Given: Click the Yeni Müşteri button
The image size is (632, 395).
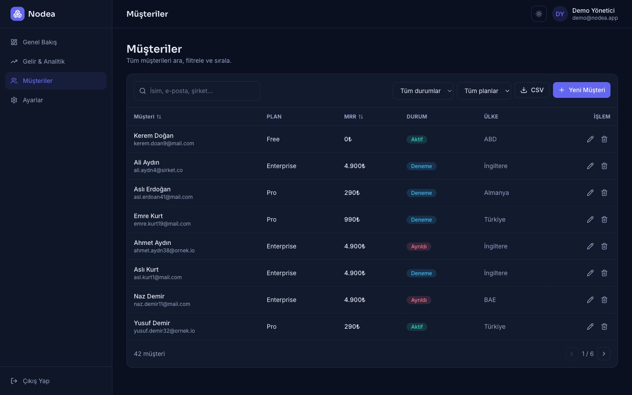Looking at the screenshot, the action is point(582,90).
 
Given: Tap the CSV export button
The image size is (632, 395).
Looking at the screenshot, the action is point(532,90).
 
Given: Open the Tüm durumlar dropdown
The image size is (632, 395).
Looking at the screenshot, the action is point(423,91).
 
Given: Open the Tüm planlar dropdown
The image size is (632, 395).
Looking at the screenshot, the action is point(484,91).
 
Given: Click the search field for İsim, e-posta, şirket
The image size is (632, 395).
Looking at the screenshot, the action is point(197,91).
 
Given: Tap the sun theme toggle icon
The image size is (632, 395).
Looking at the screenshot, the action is point(539,14).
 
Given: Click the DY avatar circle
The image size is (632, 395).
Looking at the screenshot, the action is point(560,14).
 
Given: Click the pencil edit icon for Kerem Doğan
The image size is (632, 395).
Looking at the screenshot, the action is point(590,139).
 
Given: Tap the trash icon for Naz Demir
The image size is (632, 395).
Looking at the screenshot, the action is point(604,300).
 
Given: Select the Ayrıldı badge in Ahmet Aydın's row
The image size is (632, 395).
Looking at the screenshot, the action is point(419,246).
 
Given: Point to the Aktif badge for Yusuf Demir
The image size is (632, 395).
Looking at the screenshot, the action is point(417,327).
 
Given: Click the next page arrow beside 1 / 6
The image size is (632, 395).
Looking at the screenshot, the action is point(604,354).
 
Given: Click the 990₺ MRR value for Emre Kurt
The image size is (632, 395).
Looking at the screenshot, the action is point(352,219).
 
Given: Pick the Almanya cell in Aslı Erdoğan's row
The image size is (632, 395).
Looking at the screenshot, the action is point(496,193).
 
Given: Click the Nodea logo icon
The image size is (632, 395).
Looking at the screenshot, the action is point(18,14).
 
